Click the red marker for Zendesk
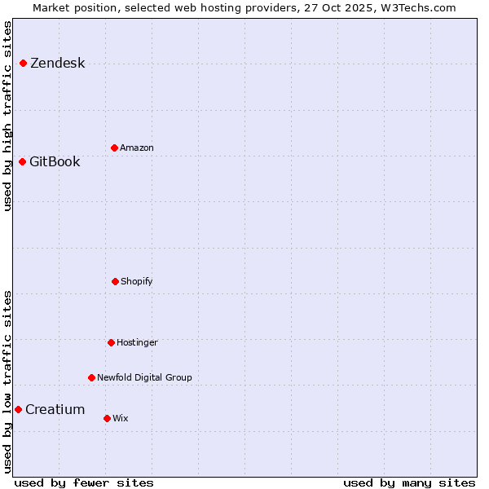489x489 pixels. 23,64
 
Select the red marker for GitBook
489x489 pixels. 23,161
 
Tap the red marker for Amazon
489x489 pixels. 114,148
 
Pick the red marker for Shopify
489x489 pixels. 115,281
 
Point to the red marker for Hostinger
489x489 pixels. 111,342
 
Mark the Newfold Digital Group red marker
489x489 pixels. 91,377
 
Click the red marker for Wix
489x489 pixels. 107,418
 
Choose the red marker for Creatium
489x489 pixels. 18,409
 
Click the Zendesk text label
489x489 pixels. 57,64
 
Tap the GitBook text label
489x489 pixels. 55,161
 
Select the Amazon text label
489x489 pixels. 137,148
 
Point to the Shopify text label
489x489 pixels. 137,281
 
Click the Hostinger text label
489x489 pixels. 137,342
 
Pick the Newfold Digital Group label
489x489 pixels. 144,377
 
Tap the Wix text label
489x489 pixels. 121,418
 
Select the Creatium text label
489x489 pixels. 55,409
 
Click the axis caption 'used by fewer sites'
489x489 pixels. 84,482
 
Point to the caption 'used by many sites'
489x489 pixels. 409,482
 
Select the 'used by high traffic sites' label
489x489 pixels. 7,116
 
